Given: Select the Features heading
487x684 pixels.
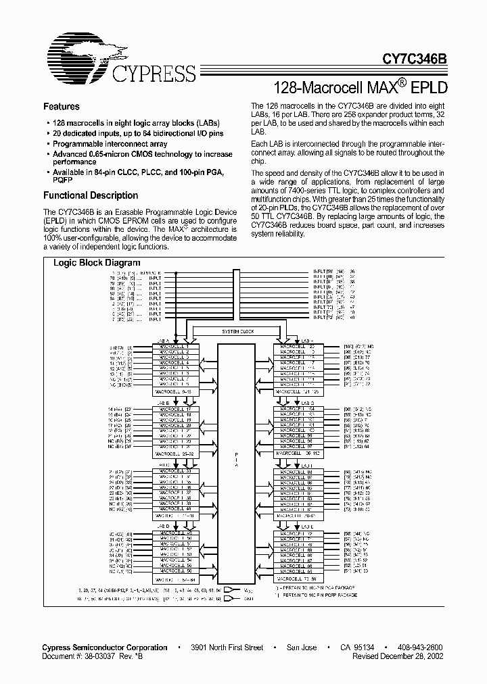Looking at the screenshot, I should [61, 107].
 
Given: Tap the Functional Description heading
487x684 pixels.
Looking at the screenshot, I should [90, 195].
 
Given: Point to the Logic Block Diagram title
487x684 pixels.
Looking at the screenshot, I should [97, 263].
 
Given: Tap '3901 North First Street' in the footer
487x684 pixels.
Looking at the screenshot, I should [227, 648].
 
